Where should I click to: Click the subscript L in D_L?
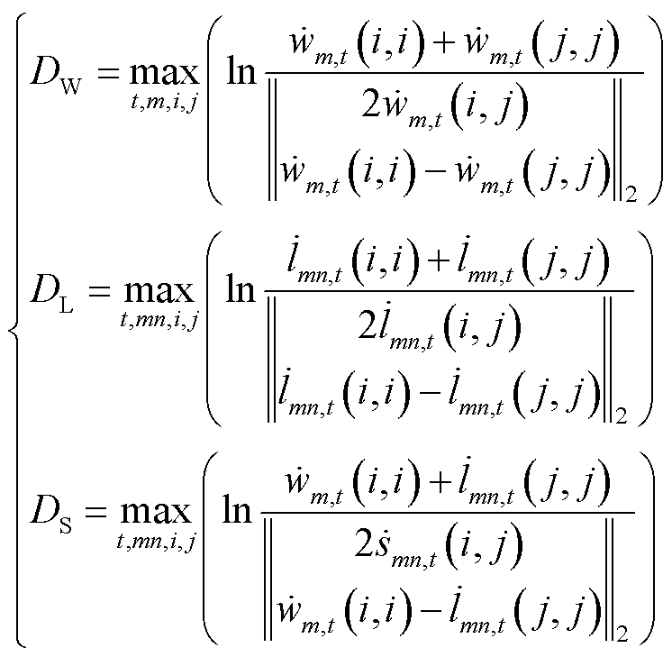(66, 304)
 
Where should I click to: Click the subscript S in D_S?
(66, 525)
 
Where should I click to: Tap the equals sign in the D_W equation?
(107, 73)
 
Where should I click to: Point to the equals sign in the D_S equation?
(95, 512)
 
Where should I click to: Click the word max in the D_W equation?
(165, 73)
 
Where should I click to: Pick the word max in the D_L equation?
(159, 291)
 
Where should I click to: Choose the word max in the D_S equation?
(156, 512)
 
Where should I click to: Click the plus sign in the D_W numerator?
(444, 44)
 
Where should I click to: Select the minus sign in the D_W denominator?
(435, 175)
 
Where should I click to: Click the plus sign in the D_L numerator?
(438, 261)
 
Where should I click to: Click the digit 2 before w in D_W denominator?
(371, 105)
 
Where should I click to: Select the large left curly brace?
(14, 330)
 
